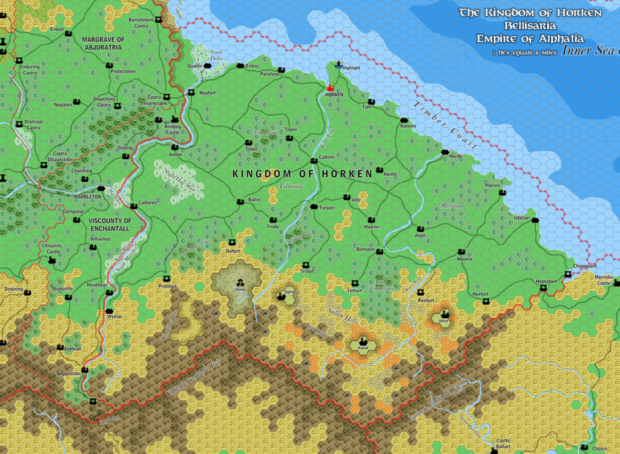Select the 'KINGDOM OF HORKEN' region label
pos(302,174)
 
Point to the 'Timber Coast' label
pos(446,125)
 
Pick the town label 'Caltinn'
pos(326,157)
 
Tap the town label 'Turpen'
pos(327,208)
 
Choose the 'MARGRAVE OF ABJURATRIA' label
pos(103,44)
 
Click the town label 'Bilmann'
pos(366,249)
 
